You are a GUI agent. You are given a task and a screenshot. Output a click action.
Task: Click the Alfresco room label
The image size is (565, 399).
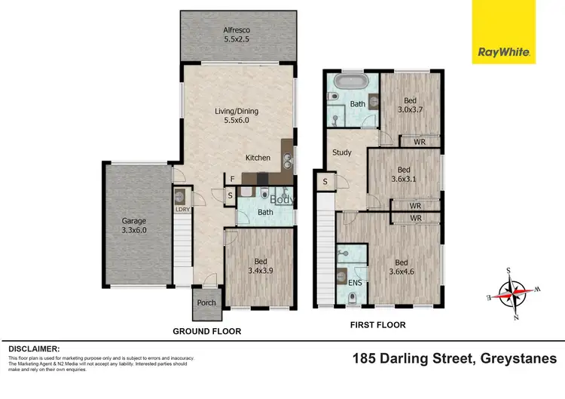coord(237,36)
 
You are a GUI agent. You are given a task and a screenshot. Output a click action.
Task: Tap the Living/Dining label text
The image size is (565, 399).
coord(237,115)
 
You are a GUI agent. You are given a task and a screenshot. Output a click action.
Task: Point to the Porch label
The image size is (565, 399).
coord(206,302)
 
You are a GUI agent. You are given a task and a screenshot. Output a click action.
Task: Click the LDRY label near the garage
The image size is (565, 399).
coord(182,209)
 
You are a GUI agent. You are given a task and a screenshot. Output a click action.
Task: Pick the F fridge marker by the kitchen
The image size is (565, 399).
coord(233,180)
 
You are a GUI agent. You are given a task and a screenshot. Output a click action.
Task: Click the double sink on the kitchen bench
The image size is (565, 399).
coord(287,159)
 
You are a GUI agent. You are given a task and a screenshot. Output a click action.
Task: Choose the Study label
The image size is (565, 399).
coord(342,152)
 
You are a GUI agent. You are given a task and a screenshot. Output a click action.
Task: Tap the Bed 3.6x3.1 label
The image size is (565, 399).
coord(403,175)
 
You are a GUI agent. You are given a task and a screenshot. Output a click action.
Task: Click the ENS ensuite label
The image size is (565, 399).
coord(354,282)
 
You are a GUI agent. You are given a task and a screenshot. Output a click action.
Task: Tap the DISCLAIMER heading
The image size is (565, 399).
coord(34,349)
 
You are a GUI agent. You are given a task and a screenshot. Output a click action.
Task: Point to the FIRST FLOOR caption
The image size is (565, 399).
coord(377,325)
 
